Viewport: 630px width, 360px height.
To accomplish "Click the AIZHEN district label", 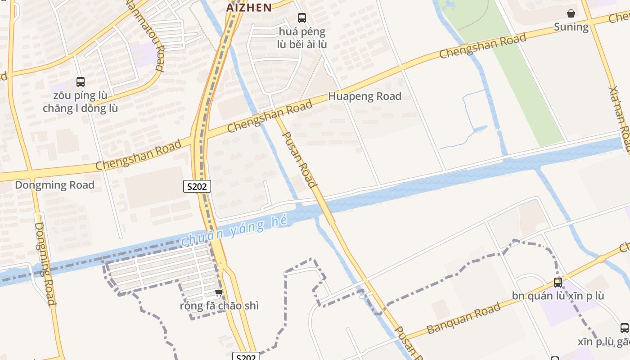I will click(249, 7).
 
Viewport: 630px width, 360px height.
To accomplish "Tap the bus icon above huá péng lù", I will click(301, 18).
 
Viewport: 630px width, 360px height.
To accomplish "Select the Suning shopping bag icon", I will click(571, 13).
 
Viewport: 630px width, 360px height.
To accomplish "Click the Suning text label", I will click(571, 27).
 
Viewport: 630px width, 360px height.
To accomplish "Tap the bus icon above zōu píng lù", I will click(81, 82).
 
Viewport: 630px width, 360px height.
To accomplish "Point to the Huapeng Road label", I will click(364, 96).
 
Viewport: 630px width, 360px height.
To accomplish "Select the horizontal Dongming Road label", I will click(54, 185).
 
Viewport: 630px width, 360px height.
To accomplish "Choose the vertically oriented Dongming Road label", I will click(45, 263).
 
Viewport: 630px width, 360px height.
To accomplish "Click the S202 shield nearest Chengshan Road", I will click(197, 186).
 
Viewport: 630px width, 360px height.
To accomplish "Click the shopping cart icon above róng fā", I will click(219, 293).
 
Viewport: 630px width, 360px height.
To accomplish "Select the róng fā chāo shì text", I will click(219, 306).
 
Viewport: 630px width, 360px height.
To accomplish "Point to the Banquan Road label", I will click(463, 319).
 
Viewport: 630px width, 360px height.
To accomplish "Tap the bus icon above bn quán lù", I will click(558, 283).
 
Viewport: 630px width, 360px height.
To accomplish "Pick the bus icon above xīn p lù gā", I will click(624, 328).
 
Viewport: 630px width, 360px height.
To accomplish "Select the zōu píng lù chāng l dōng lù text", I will click(81, 102).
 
